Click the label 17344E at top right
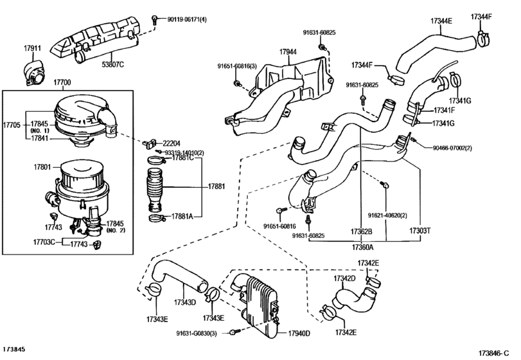tap(441, 21)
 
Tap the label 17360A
tap(364, 246)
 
